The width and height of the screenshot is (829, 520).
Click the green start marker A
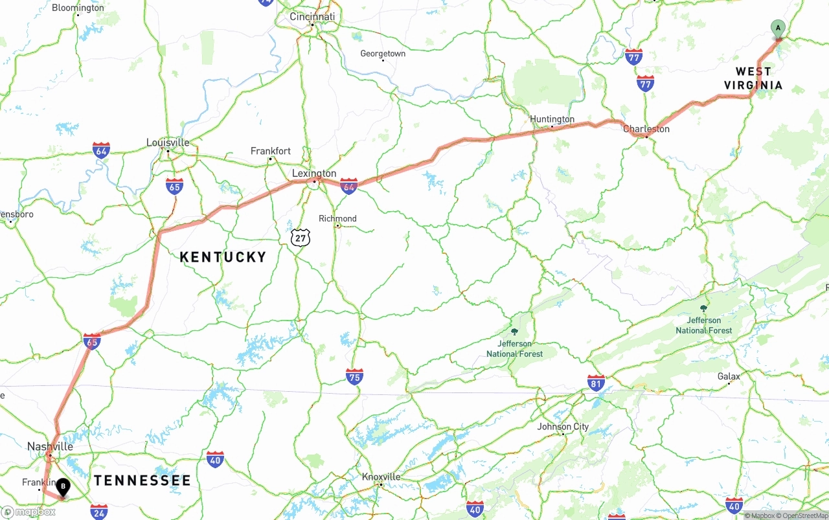778,28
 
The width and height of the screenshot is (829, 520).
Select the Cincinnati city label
312,17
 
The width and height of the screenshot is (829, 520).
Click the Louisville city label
168,142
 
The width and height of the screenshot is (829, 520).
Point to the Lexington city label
314,174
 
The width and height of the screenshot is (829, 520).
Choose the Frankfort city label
271,151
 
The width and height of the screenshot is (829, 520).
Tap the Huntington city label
552,119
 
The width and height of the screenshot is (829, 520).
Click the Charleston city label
646,129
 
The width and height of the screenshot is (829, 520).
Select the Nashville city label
50,447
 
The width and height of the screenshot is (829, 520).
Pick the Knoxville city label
381,477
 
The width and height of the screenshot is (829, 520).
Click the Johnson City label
563,427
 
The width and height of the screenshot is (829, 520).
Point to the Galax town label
729,376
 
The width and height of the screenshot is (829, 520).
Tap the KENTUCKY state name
223,257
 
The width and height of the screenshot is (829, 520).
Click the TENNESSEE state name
142,480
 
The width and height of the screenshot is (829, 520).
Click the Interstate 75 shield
354,377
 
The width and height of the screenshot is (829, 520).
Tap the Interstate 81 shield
596,382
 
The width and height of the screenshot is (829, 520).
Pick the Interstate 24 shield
99,511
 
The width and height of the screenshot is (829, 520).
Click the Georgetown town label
383,54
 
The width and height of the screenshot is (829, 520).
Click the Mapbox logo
28,512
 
